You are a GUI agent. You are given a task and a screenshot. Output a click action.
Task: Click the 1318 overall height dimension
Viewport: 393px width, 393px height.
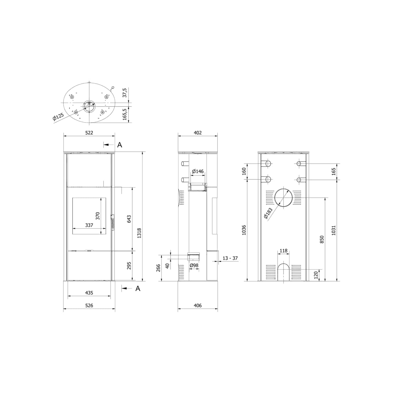(x=139, y=233)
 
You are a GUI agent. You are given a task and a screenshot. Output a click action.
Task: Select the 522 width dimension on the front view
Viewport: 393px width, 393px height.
(x=89, y=133)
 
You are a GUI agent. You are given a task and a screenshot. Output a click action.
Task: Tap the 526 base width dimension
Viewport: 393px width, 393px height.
(x=89, y=305)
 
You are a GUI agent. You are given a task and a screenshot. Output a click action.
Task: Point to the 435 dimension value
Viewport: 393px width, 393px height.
(x=89, y=293)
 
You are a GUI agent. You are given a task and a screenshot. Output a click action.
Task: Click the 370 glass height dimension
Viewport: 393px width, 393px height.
(x=98, y=216)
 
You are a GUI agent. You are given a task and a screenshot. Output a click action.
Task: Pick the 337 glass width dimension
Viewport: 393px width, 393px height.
(x=89, y=225)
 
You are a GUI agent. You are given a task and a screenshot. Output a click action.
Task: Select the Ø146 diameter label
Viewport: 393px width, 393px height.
(x=198, y=171)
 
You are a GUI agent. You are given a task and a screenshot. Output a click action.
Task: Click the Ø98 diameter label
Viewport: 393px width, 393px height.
(x=194, y=265)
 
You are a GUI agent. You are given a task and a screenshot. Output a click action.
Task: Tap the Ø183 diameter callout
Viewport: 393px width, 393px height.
(x=268, y=213)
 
